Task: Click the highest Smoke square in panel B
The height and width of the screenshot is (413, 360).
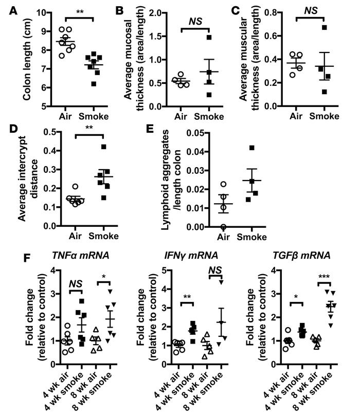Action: tap(209, 38)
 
